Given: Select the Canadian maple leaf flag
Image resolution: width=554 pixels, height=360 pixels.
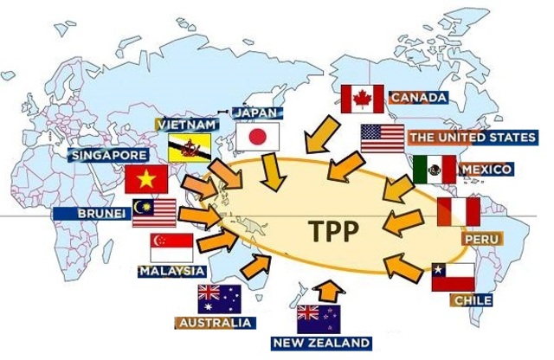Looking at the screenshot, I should pyautogui.click(x=363, y=99).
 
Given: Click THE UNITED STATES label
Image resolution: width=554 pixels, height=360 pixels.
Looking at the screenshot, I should pyautogui.click(x=472, y=137).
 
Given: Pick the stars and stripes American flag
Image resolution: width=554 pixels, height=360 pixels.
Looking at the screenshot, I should pyautogui.click(x=383, y=138).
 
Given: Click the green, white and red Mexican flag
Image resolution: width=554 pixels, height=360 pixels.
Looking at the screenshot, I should pyautogui.click(x=434, y=170).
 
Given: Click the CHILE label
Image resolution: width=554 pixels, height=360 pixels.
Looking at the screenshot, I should pyautogui.click(x=471, y=300).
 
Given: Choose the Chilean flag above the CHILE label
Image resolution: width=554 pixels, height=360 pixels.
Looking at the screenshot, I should pyautogui.click(x=453, y=277).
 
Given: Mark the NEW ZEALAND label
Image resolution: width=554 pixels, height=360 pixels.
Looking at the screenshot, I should pyautogui.click(x=321, y=344).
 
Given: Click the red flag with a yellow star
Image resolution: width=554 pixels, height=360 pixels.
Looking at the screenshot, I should pyautogui.click(x=145, y=180).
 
